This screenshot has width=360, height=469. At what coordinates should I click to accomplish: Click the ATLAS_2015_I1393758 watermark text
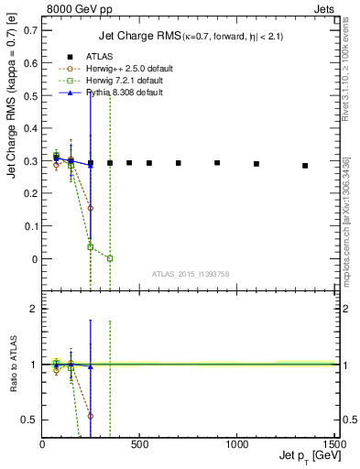point(191,274)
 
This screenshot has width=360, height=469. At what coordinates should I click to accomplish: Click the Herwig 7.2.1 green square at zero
point(110,259)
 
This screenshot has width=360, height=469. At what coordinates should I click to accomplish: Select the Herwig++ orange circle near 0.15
point(91,208)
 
